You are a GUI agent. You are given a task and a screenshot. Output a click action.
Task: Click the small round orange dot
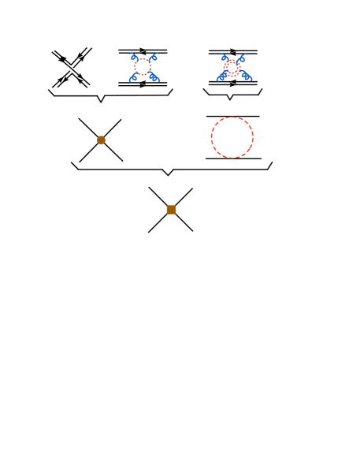[x=101, y=140]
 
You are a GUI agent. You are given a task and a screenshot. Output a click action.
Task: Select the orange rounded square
[x=171, y=210]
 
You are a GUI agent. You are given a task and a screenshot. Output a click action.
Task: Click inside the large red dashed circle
[x=232, y=137]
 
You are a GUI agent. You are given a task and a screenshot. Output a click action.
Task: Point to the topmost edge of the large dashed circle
[x=232, y=117]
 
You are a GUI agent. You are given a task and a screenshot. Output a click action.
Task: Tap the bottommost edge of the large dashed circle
[x=232, y=158]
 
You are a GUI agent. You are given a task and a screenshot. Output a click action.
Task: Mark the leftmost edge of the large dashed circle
[x=211, y=137]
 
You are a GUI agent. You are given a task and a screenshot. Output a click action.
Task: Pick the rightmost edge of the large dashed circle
[x=254, y=137]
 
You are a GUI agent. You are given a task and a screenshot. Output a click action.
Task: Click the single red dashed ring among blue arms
[x=143, y=66]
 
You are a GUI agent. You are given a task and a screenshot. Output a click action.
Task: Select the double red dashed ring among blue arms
[x=232, y=68]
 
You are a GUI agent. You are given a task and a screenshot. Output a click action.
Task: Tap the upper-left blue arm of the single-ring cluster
[x=133, y=57]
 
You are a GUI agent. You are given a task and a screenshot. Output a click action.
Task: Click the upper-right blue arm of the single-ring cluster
[x=154, y=57]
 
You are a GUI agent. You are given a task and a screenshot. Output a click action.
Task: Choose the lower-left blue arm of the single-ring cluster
[x=133, y=76]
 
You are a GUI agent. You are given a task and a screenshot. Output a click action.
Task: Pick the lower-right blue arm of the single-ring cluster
[x=154, y=76]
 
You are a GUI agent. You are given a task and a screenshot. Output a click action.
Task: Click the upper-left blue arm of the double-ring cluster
[x=224, y=58]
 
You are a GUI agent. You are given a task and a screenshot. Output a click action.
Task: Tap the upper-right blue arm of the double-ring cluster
[x=242, y=58]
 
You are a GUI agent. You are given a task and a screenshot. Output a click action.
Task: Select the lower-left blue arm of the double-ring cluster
[x=222, y=76]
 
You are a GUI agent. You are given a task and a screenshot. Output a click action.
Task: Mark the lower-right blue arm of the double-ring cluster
[x=245, y=76]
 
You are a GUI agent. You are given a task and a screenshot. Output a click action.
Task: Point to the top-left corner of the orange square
[x=167, y=206]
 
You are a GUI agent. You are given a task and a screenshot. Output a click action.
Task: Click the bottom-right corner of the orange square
[x=176, y=214]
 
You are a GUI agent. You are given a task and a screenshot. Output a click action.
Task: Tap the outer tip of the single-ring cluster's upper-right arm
[x=158, y=53]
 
